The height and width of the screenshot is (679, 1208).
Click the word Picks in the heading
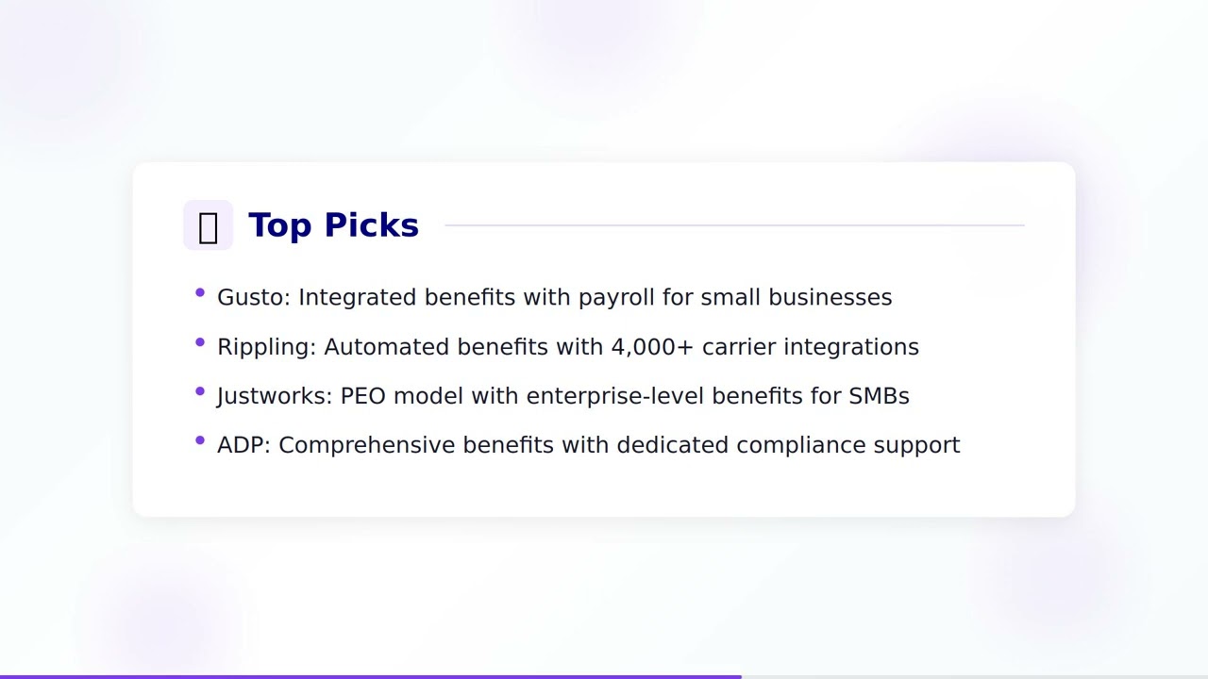coord(371,225)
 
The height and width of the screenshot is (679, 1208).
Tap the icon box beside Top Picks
coord(208,225)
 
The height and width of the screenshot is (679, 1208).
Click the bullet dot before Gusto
coord(200,293)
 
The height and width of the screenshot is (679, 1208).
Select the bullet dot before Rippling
coord(200,342)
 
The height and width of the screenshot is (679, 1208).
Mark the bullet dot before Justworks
coord(200,391)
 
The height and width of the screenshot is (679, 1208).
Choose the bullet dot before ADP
coord(200,440)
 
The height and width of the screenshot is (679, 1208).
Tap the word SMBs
coord(879,396)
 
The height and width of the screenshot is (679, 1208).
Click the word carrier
coord(739,347)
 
